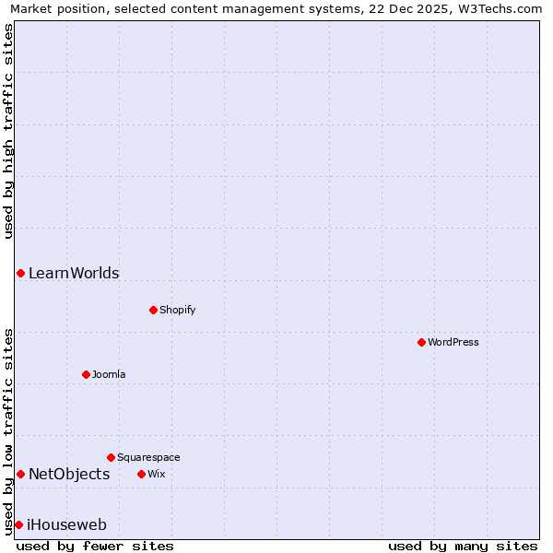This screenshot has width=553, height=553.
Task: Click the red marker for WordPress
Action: (421, 342)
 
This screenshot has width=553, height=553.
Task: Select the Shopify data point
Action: (153, 310)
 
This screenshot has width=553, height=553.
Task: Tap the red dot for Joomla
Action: (86, 374)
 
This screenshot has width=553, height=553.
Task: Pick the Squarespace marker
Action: (111, 457)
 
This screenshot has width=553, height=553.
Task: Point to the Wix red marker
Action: (141, 474)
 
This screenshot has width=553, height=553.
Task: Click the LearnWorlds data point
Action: (20, 273)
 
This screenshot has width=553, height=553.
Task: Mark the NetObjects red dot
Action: (20, 474)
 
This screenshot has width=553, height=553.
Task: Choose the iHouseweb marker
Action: (18, 524)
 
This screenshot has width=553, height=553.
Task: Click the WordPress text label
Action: (453, 342)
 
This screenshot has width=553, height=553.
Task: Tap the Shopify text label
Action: (178, 310)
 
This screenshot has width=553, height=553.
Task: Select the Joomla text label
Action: (109, 374)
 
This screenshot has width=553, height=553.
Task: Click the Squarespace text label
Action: (148, 457)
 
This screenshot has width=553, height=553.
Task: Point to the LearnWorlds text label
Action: (74, 273)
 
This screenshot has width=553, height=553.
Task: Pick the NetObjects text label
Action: (69, 474)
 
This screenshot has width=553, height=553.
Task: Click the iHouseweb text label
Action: (67, 524)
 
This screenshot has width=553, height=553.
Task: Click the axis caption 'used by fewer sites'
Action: (95, 546)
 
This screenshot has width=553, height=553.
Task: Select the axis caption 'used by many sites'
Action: (463, 546)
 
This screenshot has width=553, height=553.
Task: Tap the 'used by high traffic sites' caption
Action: (8, 131)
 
